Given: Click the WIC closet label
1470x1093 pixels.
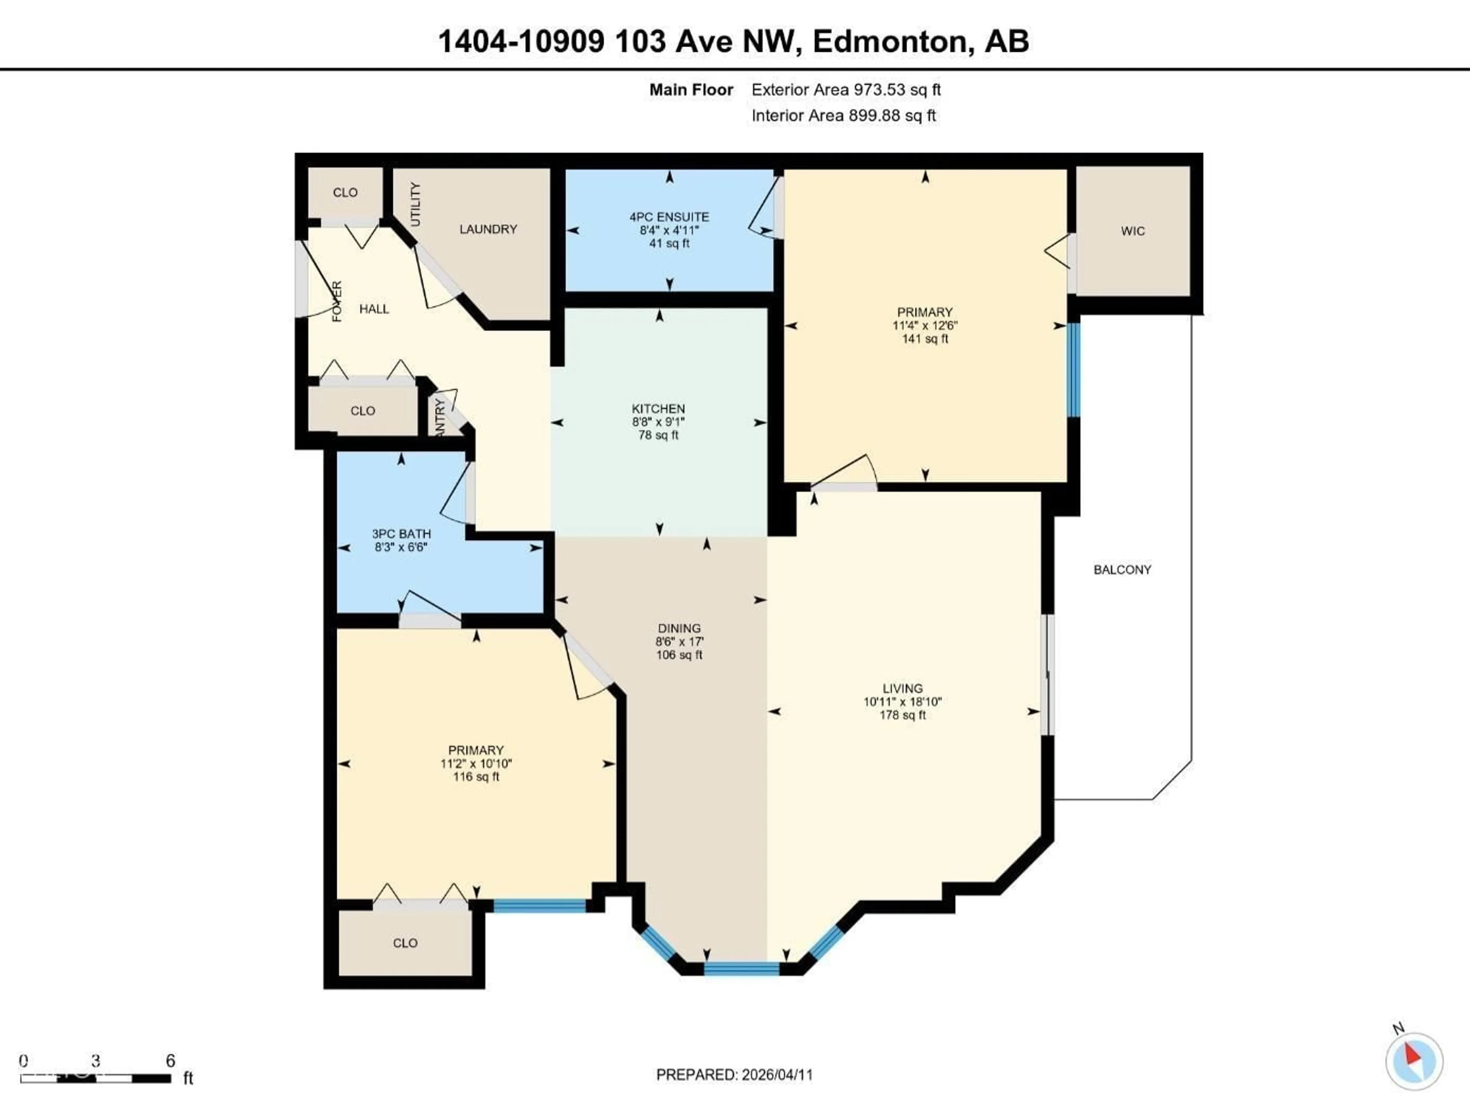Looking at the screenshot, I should pyautogui.click(x=1133, y=231).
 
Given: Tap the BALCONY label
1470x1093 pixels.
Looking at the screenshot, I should pyautogui.click(x=1122, y=570).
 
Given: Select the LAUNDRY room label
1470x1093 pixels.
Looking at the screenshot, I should pyautogui.click(x=488, y=229).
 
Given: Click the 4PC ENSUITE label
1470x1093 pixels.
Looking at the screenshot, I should pyautogui.click(x=669, y=217).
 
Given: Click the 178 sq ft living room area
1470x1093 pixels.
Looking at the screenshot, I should pyautogui.click(x=902, y=715).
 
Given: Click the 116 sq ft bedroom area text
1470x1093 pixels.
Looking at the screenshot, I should pyautogui.click(x=476, y=777).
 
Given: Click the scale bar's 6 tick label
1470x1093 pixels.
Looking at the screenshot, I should pyautogui.click(x=170, y=1060).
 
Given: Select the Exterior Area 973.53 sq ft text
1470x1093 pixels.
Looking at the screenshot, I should pyautogui.click(x=846, y=90).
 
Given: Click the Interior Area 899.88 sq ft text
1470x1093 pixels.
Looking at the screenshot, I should pyautogui.click(x=843, y=116).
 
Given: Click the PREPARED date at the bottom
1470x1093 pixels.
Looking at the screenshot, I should pyautogui.click(x=734, y=1075).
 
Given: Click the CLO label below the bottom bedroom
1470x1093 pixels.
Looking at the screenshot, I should pyautogui.click(x=405, y=943).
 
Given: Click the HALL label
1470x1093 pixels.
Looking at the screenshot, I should pyautogui.click(x=374, y=309).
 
